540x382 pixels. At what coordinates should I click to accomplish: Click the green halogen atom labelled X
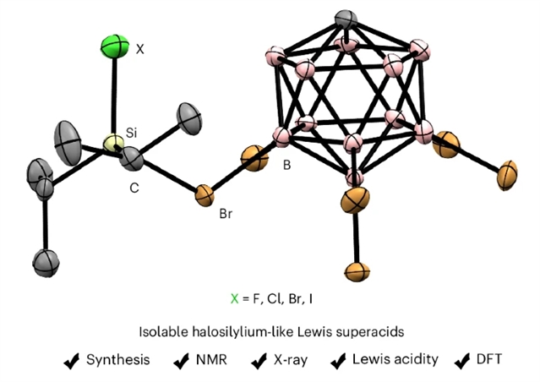(114, 45)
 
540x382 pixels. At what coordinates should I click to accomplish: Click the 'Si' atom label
(131, 134)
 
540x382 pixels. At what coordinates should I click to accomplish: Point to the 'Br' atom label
(226, 214)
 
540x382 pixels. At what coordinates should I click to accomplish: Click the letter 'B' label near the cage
(286, 166)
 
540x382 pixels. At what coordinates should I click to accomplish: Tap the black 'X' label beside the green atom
(140, 50)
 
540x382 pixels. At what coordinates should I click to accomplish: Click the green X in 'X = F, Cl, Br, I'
(235, 298)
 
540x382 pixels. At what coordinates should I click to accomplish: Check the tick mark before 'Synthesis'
(74, 360)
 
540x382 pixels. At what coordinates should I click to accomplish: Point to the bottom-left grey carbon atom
(39, 261)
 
